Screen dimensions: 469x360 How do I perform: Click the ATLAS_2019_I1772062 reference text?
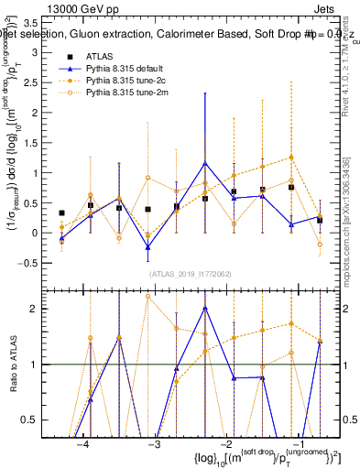pyautogui.click(x=191, y=273)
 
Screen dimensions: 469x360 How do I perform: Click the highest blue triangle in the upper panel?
pyautogui.click(x=205, y=163)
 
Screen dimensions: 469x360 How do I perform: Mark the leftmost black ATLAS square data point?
pyautogui.click(x=61, y=213)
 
